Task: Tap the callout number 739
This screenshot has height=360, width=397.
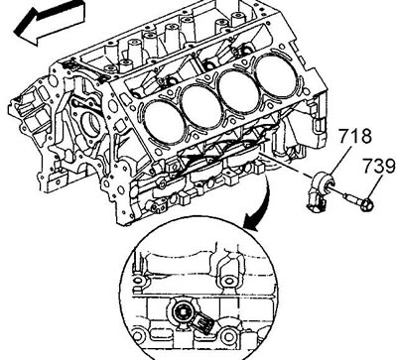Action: click(x=379, y=167)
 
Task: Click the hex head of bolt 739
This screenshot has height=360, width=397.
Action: click(x=366, y=204)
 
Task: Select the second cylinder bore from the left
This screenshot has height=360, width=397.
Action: click(x=201, y=106)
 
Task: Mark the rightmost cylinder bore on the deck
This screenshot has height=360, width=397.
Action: click(x=274, y=74)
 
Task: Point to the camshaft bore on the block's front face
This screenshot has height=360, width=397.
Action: click(x=90, y=124)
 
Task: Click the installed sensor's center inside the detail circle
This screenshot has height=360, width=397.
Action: click(x=181, y=311)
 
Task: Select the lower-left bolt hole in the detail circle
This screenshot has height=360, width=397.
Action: click(x=138, y=337)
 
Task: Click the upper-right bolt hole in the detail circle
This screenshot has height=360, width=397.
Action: click(x=228, y=282)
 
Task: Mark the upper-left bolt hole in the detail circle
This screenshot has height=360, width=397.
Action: click(x=138, y=282)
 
